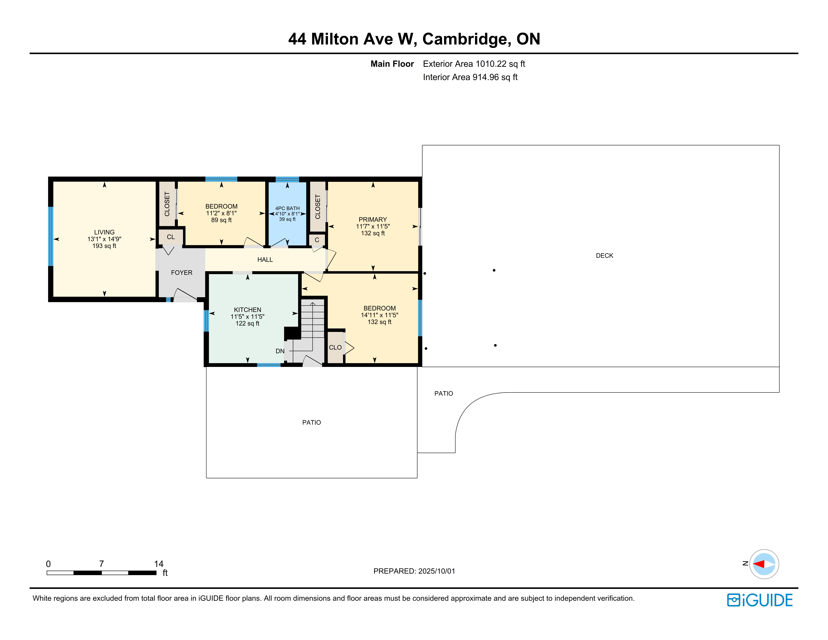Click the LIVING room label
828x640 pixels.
pos(104,232)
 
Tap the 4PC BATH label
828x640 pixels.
pos(287,208)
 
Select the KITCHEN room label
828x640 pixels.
pos(248,310)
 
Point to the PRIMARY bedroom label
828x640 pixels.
pos(373,219)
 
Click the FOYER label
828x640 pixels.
pos(182,273)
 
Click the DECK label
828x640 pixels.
pos(604,255)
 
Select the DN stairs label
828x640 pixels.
pos(280,351)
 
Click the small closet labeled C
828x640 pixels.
pos(317,240)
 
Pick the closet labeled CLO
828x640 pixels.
pos(335,347)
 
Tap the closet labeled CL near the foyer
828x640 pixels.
pos(171,237)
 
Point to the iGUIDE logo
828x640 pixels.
pos(760,600)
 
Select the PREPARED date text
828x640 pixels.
pos(414,571)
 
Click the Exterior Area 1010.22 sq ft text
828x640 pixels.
pos(474,64)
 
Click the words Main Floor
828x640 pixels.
pos(392,64)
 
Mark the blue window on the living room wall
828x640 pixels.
pos(50,236)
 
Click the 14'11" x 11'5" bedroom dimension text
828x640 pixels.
pos(379,315)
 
